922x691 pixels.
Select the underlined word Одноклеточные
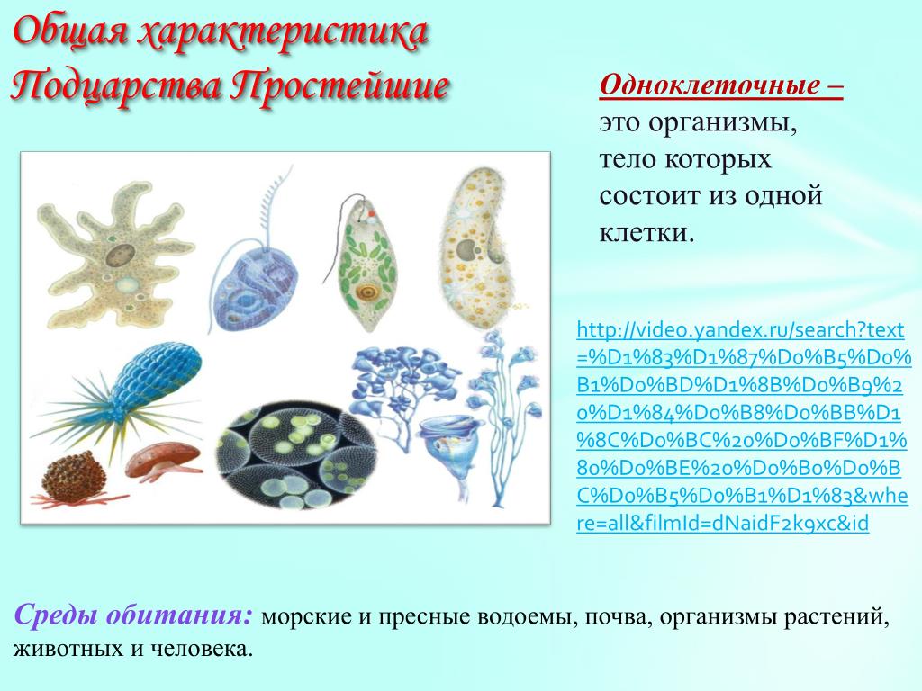click(x=710, y=85)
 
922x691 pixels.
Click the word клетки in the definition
click(x=646, y=233)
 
